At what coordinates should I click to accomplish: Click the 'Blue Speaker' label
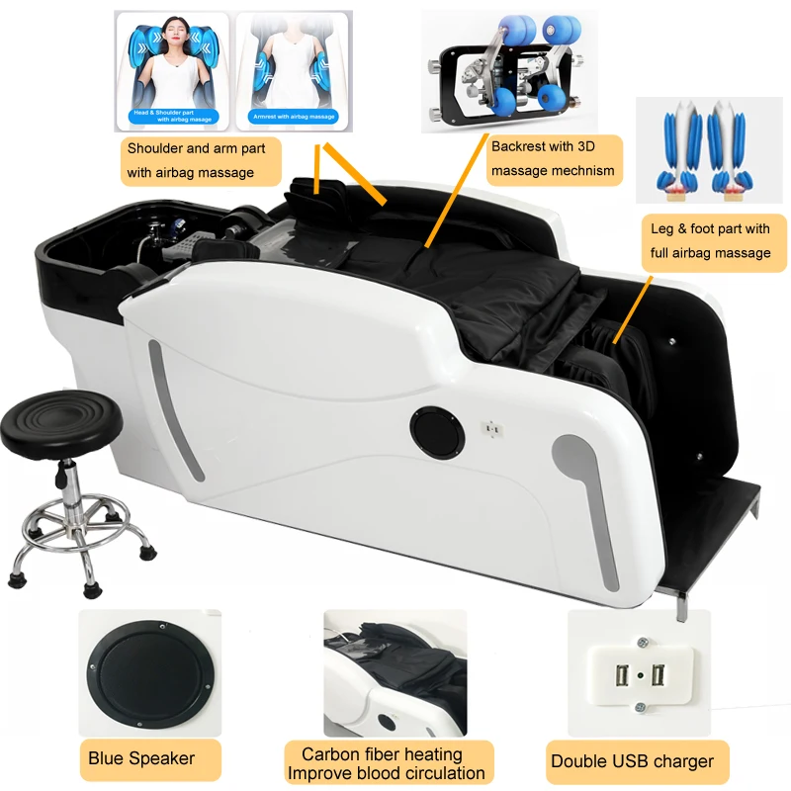(x=141, y=759)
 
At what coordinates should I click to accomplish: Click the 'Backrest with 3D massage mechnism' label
(x=554, y=157)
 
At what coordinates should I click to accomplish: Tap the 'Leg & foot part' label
(x=710, y=241)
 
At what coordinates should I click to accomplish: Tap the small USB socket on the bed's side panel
(x=487, y=429)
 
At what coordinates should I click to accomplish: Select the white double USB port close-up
(x=638, y=673)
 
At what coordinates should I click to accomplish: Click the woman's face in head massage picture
(x=174, y=40)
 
